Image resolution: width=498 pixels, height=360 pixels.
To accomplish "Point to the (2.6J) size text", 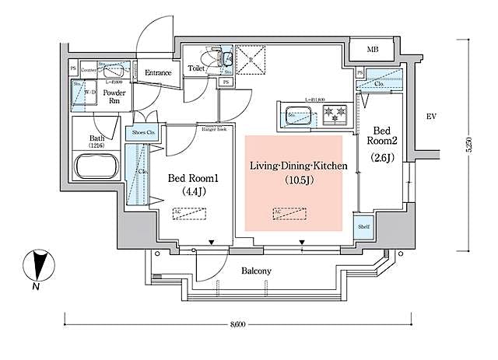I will [384, 157].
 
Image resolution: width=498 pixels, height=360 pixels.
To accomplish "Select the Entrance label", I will [158, 73].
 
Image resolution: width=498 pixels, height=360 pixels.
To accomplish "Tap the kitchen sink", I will [299, 118].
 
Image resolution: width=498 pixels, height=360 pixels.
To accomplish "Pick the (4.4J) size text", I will [196, 190].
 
